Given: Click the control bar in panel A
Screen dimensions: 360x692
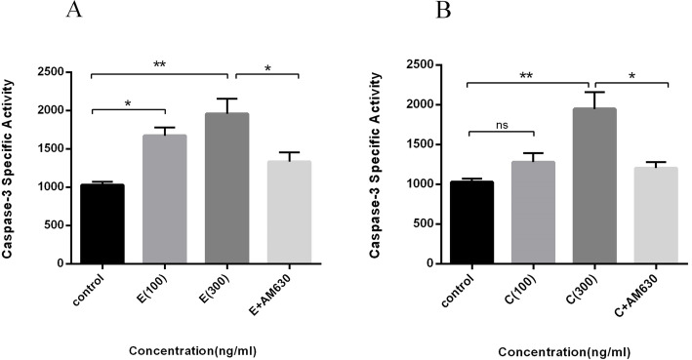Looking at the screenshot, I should [102, 223].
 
